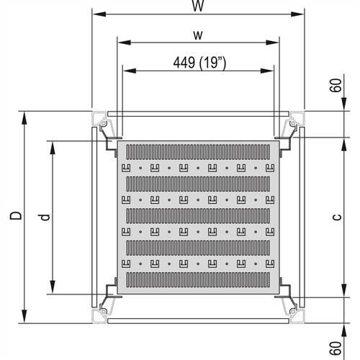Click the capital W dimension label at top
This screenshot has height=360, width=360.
pos(197,6)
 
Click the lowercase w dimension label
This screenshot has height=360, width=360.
pos(197,35)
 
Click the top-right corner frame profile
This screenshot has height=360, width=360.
pos(296,120)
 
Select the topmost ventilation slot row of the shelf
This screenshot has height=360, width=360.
pos(198,153)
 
